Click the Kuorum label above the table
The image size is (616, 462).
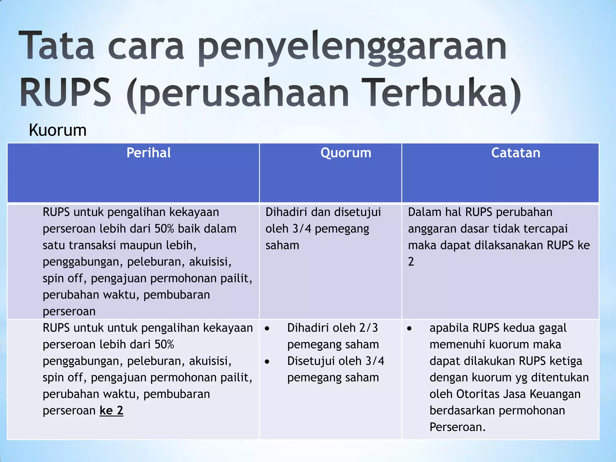click(58, 131)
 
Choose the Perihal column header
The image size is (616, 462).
click(149, 153)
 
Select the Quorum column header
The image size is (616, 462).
click(346, 153)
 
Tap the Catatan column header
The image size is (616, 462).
click(516, 153)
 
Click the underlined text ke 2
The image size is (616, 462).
click(111, 411)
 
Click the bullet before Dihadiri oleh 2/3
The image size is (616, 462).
click(267, 329)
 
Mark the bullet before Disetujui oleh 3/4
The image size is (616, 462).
click(267, 362)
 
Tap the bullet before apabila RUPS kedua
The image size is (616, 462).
click(409, 329)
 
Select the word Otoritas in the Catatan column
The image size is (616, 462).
click(478, 394)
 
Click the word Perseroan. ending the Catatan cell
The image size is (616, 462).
click(457, 427)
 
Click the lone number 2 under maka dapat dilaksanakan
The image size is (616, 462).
click(411, 262)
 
